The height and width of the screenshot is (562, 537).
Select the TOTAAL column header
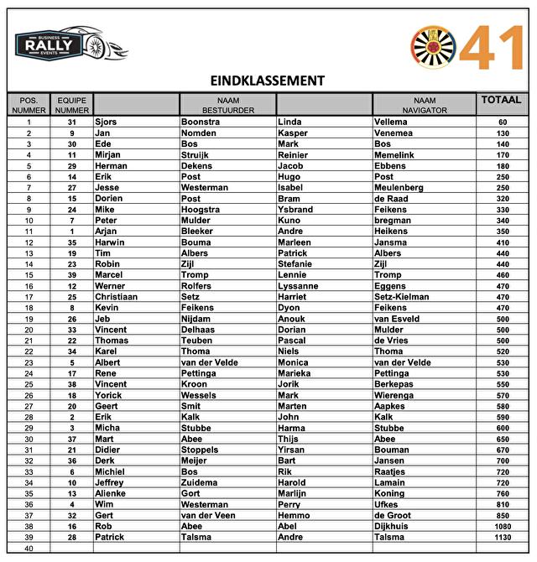point(502,100)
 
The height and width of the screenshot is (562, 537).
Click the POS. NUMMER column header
point(29,105)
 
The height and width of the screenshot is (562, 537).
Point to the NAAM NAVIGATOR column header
point(424,105)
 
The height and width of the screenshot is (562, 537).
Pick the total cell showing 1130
point(502,537)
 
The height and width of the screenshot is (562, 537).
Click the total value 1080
point(502,526)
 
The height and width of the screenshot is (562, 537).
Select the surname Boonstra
point(201,122)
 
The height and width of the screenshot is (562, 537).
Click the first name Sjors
point(106,122)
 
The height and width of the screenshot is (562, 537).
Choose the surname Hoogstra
point(201,209)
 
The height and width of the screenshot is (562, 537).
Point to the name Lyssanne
point(298,285)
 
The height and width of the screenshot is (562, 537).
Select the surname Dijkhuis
point(394,526)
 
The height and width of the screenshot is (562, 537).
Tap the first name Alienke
point(112,493)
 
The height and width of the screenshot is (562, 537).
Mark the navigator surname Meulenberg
point(399,187)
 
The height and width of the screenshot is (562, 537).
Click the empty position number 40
point(29,548)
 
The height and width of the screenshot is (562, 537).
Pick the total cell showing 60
point(502,122)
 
